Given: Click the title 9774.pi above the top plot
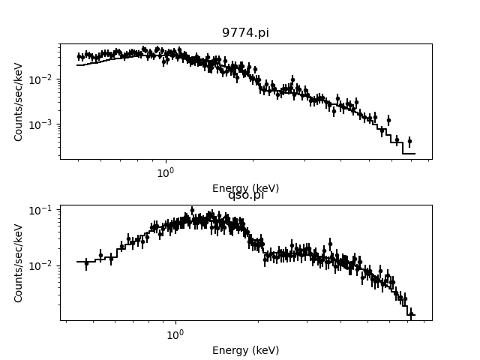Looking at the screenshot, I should click(245, 33).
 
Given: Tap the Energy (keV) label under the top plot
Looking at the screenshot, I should click(245, 188).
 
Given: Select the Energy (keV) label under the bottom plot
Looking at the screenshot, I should click(245, 350).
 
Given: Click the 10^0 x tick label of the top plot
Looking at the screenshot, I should click(165, 172).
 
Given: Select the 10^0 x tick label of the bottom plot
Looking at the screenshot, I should click(175, 334).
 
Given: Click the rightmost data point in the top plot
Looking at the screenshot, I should click(409, 141).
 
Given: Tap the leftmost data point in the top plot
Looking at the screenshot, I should click(79, 56).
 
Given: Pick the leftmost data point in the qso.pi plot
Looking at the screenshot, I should click(86, 263).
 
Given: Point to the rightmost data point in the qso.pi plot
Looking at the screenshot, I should click(410, 314).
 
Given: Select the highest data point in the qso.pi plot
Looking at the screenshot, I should click(192, 210).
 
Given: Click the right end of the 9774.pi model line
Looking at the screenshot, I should click(414, 154).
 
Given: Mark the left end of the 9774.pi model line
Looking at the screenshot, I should click(77, 65).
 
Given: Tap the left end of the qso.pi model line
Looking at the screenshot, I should click(77, 262).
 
